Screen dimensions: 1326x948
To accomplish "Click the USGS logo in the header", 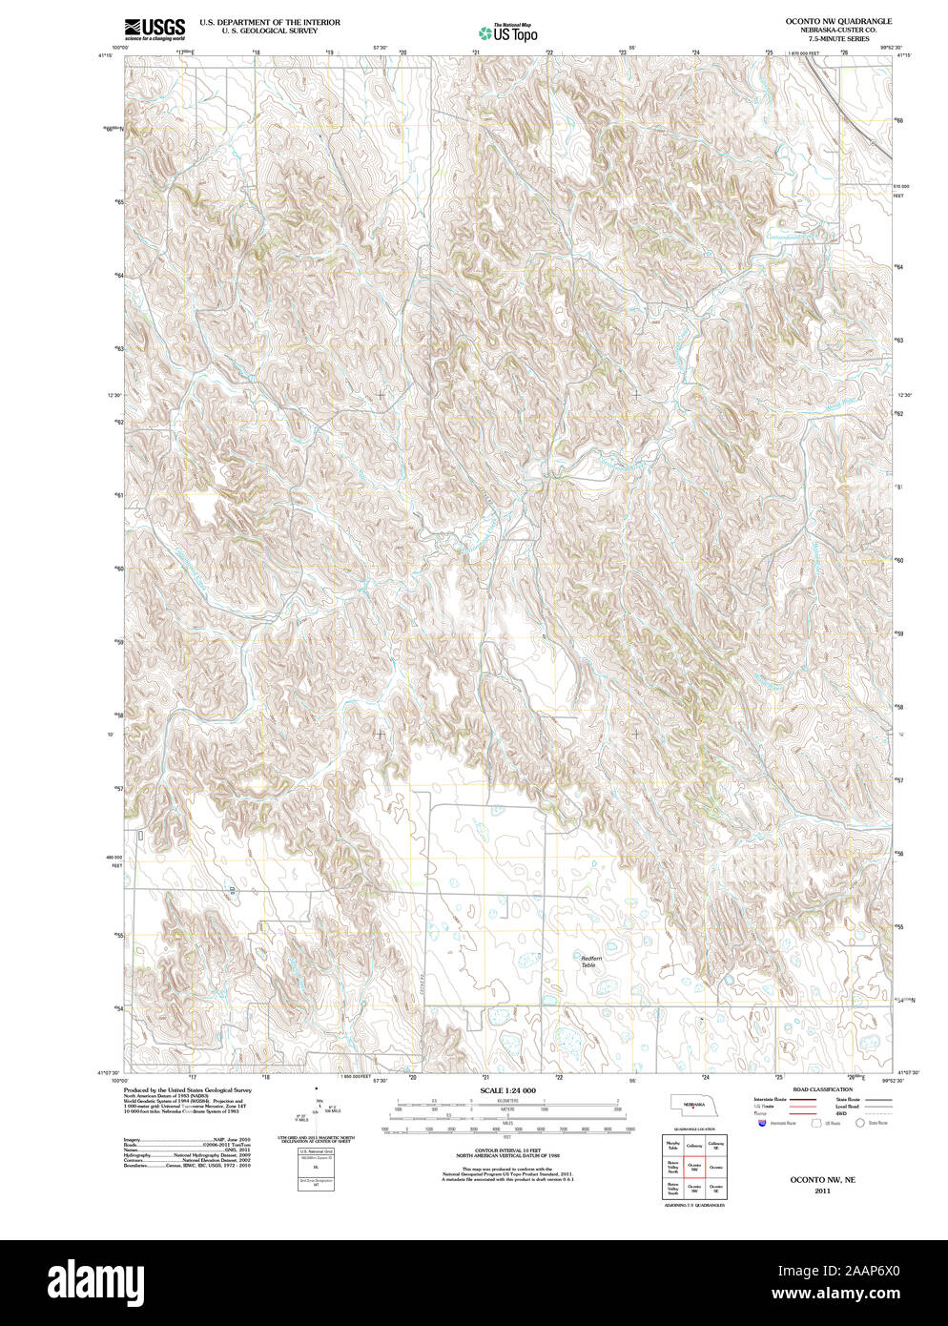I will point(154,28).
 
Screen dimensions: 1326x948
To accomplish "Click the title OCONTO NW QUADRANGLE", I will point(825,20).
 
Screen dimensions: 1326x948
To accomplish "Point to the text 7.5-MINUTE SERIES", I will point(825,38).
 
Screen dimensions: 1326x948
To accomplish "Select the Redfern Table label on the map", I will point(591,962).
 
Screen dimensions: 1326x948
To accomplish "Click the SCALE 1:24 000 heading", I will point(507,1090).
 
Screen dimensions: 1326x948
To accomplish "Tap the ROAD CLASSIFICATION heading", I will point(822,1089).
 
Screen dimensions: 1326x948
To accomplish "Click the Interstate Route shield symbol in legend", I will point(760,1124).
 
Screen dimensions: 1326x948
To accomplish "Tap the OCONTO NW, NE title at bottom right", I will point(822,1180).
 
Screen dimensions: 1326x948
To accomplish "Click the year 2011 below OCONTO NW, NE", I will point(822,1191).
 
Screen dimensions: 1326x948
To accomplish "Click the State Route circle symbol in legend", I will point(859,1124).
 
